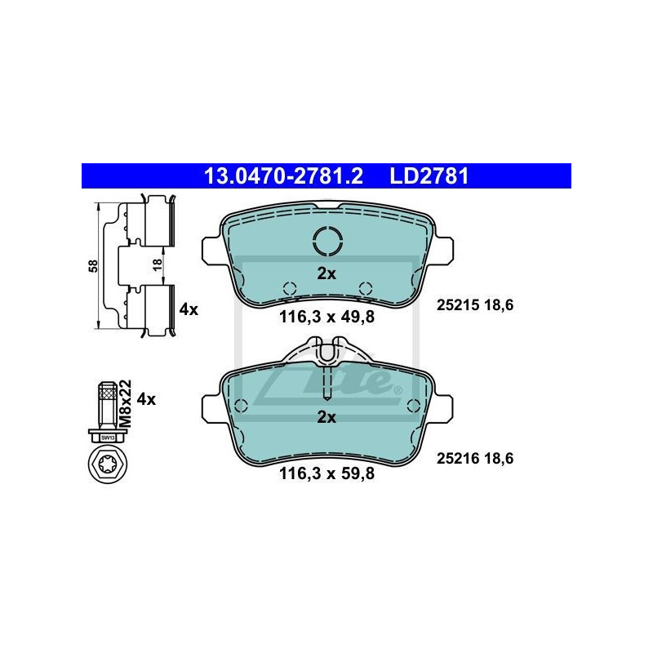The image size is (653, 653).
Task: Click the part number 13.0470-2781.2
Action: (x=282, y=175)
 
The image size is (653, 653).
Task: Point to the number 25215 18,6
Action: (x=475, y=305)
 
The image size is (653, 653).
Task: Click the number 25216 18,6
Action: (x=475, y=459)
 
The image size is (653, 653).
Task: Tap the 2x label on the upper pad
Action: (x=326, y=274)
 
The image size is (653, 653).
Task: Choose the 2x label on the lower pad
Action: (x=326, y=417)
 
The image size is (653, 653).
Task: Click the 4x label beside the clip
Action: (x=188, y=309)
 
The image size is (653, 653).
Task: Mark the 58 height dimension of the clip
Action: (x=94, y=265)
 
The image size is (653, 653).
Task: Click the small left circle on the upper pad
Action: (x=287, y=288)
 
